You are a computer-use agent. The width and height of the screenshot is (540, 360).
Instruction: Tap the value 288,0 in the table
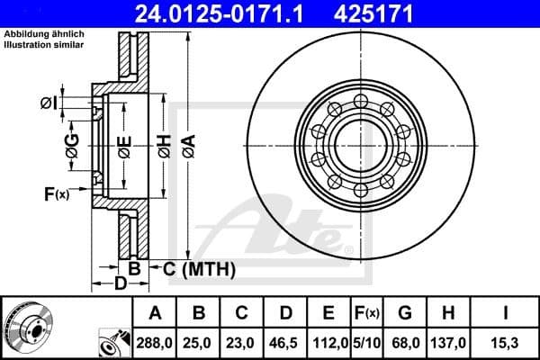click(x=155, y=342)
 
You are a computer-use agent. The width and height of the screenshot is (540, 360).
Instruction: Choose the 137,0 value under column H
click(x=447, y=342)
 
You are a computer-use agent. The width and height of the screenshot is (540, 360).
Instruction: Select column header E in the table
click(x=328, y=313)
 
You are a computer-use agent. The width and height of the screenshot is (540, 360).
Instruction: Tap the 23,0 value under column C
click(x=241, y=342)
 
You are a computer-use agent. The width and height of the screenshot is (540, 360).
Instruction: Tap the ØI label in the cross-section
click(x=49, y=103)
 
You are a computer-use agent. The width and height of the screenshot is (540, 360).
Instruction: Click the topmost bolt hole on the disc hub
click(x=359, y=99)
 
